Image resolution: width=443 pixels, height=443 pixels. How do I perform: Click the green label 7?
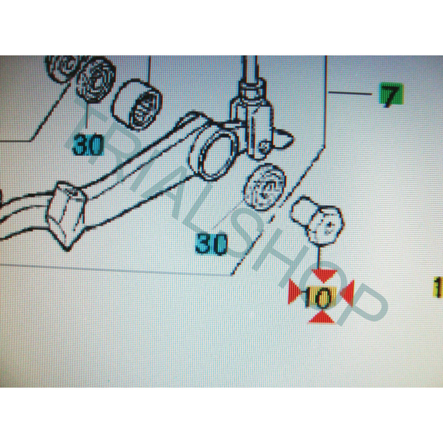(392, 94)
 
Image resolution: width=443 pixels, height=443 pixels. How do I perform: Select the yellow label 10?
(320, 297)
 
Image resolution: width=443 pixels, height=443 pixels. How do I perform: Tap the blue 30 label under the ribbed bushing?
(88, 145)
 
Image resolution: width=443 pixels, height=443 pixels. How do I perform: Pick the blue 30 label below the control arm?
(212, 244)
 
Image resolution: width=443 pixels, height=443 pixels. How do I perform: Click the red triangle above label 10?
(324, 275)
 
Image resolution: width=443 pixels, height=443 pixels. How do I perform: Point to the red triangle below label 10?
(322, 317)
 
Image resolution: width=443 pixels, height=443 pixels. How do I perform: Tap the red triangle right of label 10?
(348, 293)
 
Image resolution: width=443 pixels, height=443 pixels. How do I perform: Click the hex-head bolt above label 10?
(317, 219)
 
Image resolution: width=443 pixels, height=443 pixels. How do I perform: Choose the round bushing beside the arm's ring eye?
(265, 187)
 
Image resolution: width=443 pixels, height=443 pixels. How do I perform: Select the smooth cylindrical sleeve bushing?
(137, 105)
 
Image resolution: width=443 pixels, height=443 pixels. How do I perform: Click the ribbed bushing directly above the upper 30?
(95, 81)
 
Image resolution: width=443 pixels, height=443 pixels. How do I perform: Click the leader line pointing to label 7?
(351, 92)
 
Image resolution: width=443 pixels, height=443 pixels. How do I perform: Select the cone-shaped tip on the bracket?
(284, 138)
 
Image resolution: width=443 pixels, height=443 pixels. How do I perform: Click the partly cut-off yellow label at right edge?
(439, 287)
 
